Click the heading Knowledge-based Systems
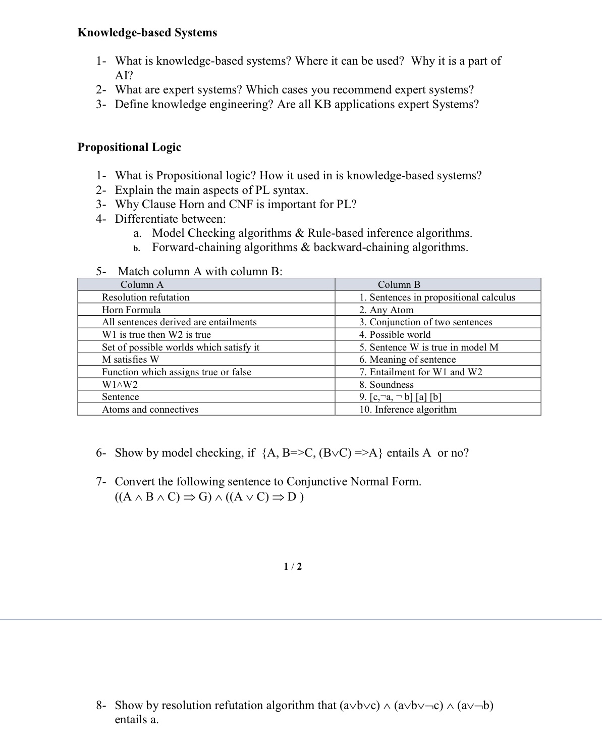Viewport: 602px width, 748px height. tap(147, 33)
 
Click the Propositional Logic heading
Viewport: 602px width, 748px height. tap(129, 147)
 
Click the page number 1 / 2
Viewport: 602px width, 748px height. tap(293, 567)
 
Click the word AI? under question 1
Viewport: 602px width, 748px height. tap(124, 76)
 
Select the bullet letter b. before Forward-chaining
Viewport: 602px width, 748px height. tap(136, 248)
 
